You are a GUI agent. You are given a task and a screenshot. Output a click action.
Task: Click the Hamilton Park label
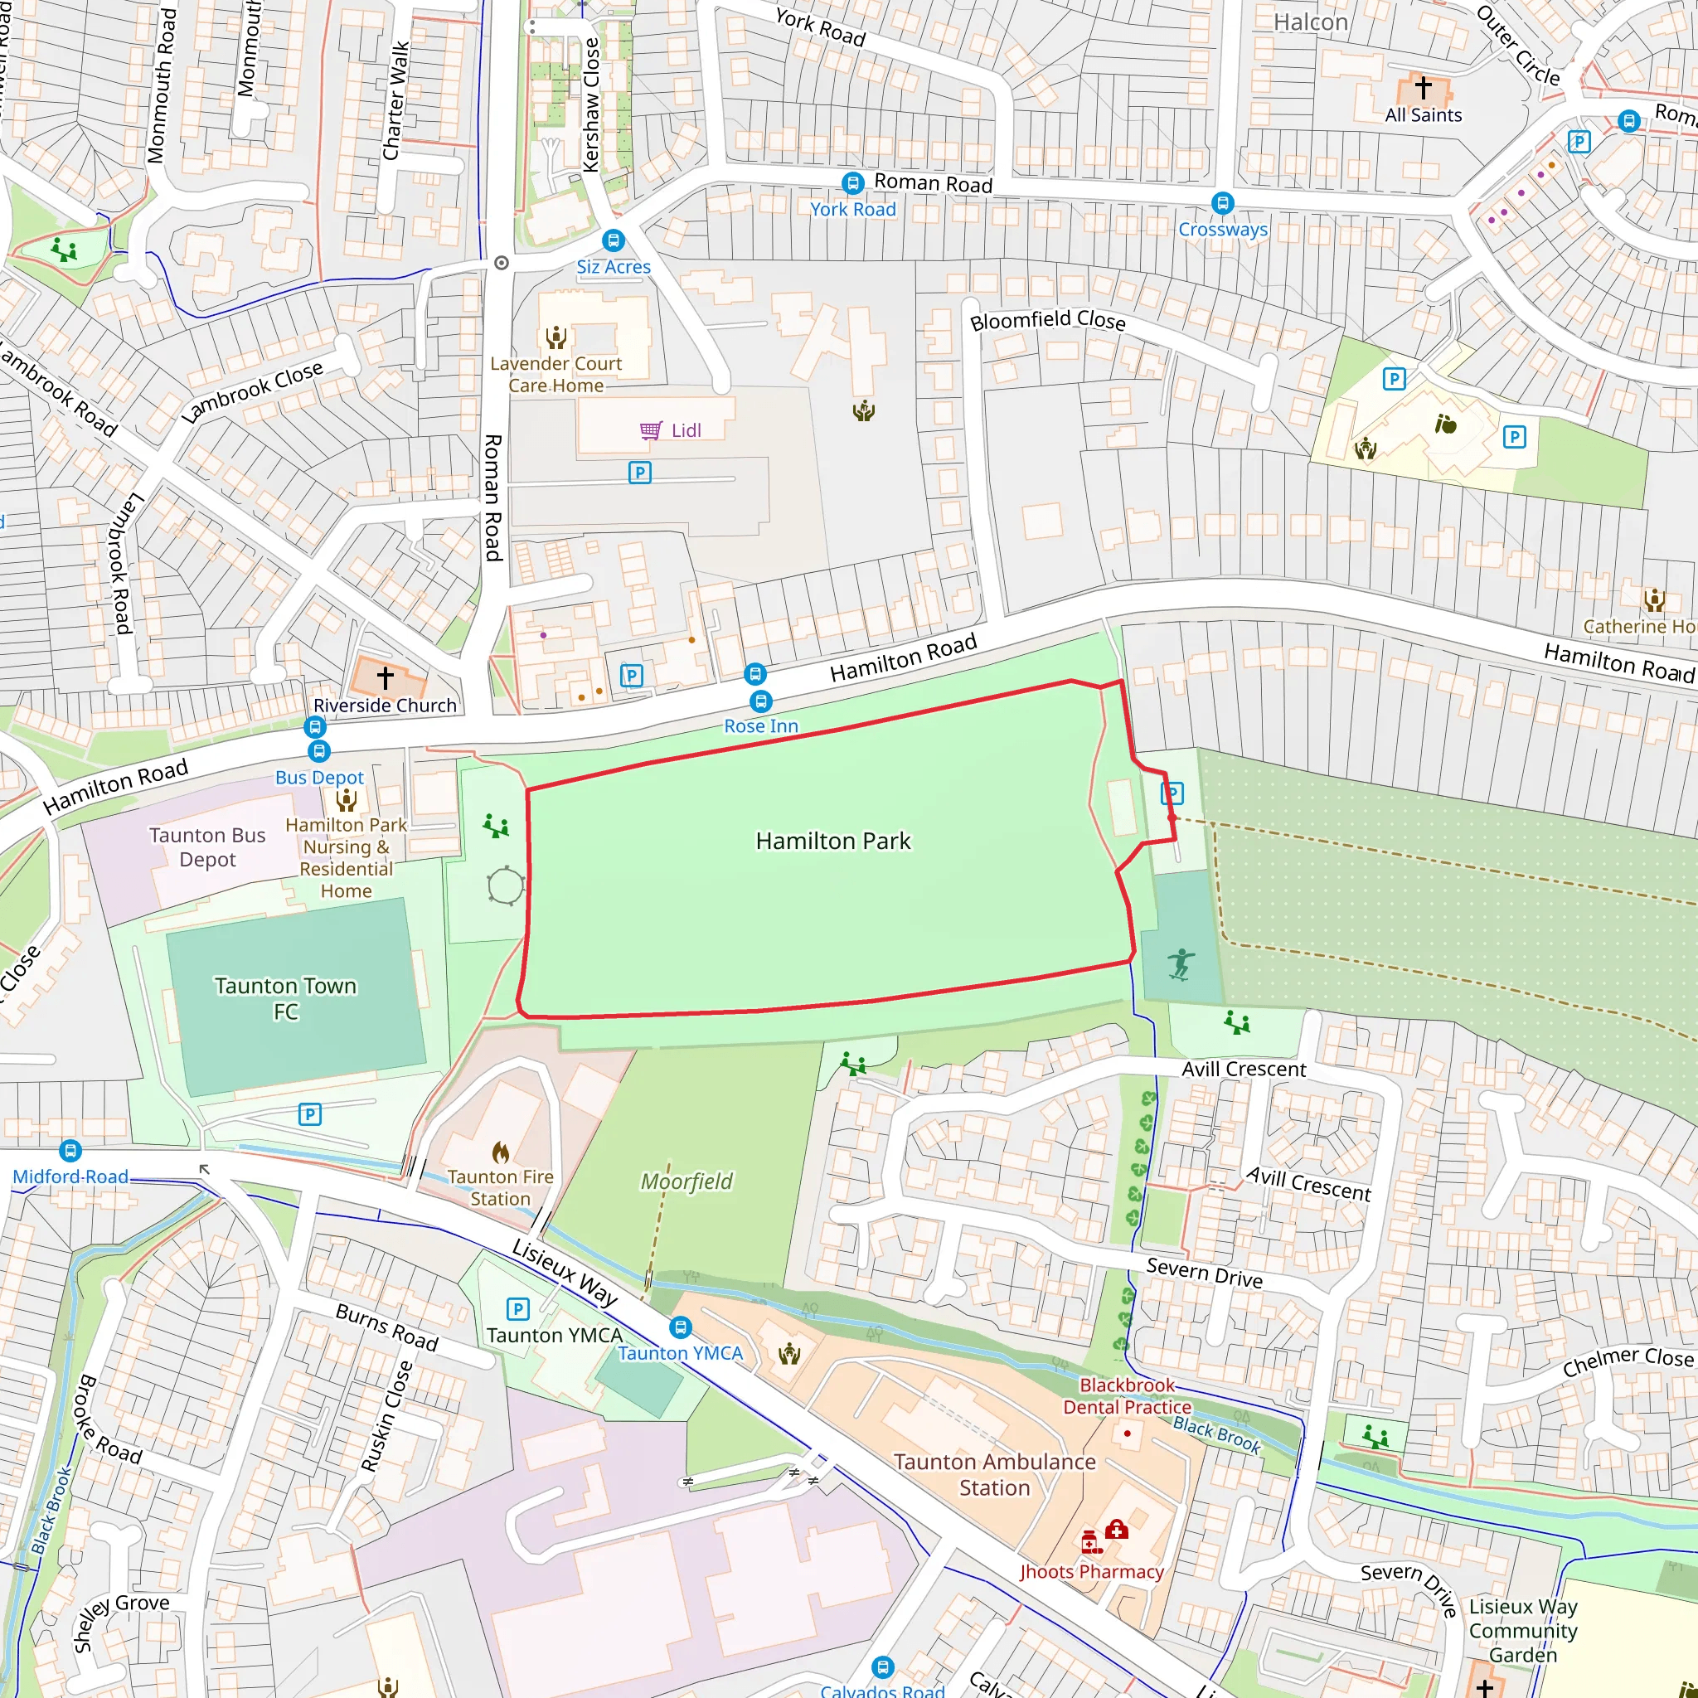832,841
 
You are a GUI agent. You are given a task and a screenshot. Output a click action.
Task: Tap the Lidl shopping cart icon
650,429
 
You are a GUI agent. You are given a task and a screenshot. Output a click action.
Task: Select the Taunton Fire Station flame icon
500,1152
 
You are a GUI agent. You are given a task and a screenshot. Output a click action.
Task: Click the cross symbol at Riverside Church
385,677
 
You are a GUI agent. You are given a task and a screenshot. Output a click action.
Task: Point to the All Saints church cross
1423,87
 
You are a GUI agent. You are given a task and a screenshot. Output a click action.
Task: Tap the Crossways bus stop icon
1221,203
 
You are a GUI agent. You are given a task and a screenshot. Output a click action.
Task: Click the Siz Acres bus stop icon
613,240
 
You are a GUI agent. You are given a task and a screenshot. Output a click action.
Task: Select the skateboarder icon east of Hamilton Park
1181,964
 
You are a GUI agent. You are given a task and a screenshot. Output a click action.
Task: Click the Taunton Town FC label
286,998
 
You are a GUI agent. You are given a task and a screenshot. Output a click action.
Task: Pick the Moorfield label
686,1181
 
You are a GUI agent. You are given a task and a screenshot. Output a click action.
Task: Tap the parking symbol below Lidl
640,473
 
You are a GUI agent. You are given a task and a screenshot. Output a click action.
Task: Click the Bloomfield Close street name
1047,320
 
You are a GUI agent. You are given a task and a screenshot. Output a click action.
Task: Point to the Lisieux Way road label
565,1273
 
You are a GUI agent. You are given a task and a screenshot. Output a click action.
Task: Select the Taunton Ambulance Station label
994,1474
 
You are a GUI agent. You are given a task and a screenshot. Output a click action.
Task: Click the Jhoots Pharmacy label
1091,1571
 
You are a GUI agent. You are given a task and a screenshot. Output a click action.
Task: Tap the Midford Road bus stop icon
70,1151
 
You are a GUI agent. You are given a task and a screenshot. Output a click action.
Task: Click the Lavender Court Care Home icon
555,337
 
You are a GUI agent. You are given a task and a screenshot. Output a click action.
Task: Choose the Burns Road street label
386,1327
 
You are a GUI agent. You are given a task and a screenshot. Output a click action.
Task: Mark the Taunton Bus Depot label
207,847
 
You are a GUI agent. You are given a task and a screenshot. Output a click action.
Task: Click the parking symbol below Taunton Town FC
309,1114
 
